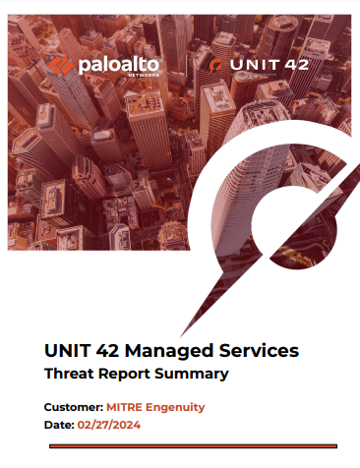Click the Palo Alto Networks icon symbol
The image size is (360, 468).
pyautogui.click(x=60, y=68)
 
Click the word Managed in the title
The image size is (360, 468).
pyautogui.click(x=164, y=350)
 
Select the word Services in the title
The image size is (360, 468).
pyautogui.click(x=258, y=350)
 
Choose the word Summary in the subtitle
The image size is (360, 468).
pyautogui.click(x=195, y=375)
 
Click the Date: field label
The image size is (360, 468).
pyautogui.click(x=59, y=425)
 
